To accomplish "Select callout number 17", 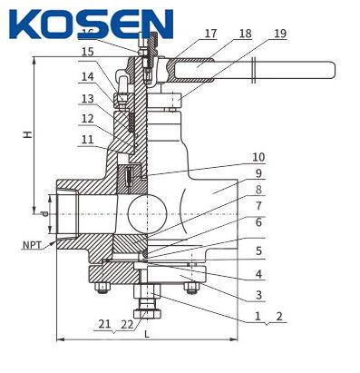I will pyautogui.click(x=210, y=34).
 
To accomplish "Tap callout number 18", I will pyautogui.click(x=244, y=34).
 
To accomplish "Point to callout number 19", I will pyautogui.click(x=277, y=34).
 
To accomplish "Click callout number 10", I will pyautogui.click(x=258, y=158).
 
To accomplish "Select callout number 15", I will pyautogui.click(x=87, y=52).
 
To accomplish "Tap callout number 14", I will pyautogui.click(x=87, y=77).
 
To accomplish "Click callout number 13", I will pyautogui.click(x=87, y=98).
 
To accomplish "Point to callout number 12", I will pyautogui.click(x=87, y=118).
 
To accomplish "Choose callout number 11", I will pyautogui.click(x=87, y=139).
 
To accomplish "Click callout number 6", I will pyautogui.click(x=258, y=222).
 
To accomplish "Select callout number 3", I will pyautogui.click(x=258, y=295).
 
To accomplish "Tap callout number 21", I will pyautogui.click(x=105, y=324).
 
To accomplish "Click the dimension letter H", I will pyautogui.click(x=28, y=134).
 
